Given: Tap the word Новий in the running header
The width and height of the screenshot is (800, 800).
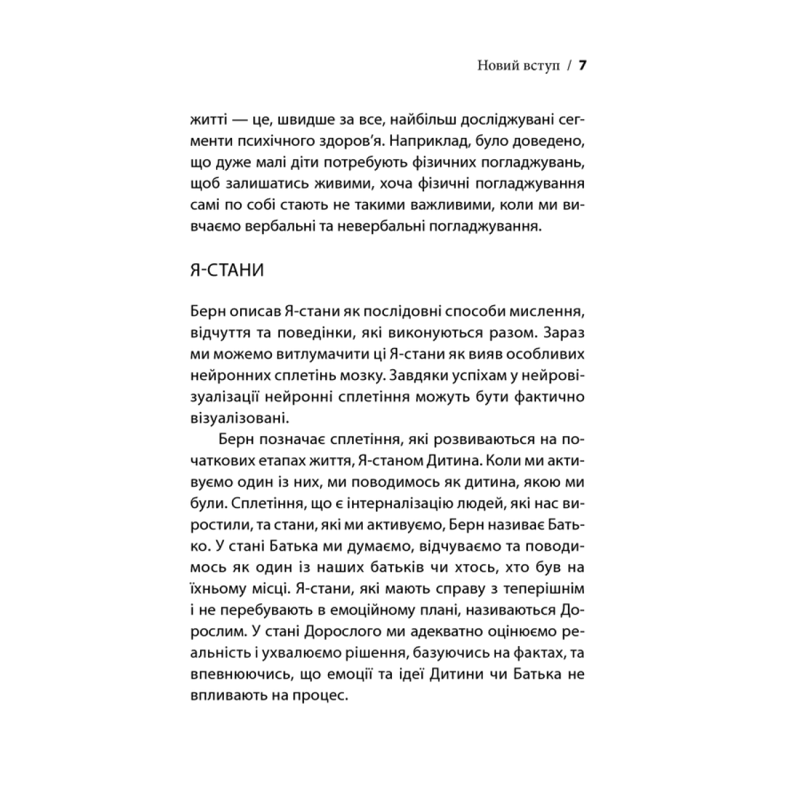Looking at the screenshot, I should click(x=497, y=67).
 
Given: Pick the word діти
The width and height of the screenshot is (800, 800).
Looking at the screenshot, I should click(x=311, y=163).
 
